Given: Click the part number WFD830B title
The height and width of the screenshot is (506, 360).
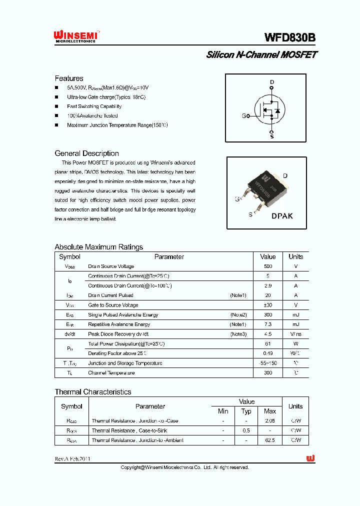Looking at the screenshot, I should (289, 38).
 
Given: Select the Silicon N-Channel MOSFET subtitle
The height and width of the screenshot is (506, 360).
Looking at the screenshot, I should (261, 55).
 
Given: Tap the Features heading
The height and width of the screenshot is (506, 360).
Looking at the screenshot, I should (69, 78).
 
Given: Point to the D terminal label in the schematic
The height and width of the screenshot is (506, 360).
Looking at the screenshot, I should (272, 82).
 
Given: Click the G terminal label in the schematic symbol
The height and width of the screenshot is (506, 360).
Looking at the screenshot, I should (244, 116).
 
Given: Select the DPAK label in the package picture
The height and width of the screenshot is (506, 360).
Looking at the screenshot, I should (282, 216).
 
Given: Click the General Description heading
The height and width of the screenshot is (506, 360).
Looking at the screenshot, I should (86, 153).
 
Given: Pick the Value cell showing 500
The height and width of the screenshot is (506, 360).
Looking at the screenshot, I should (268, 266).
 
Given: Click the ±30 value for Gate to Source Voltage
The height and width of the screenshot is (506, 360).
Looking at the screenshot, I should (268, 305).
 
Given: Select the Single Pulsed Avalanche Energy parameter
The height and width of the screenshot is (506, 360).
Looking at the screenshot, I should (123, 315).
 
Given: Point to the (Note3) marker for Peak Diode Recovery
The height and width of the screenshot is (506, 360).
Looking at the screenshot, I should (238, 334).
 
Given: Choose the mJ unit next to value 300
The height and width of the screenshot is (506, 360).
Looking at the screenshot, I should (295, 315).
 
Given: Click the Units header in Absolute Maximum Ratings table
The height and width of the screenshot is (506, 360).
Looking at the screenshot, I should (295, 256).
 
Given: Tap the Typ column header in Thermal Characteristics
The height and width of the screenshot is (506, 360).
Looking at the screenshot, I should (246, 411).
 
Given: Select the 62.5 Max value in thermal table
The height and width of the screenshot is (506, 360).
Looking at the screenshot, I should (270, 440).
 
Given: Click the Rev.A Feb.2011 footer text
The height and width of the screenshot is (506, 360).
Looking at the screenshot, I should (73, 458).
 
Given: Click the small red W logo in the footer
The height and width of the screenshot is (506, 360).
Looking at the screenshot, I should (310, 458).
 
